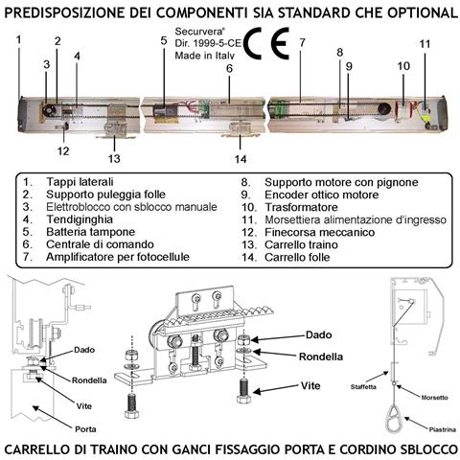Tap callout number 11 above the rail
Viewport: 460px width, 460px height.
click(425, 44)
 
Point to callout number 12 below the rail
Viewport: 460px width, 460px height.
click(62, 150)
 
